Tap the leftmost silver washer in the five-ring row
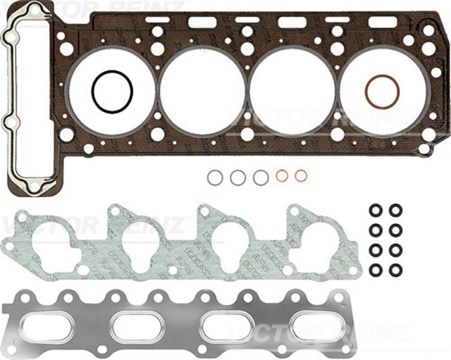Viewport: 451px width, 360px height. (x=215, y=178)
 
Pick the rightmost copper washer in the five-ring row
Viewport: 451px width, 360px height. (x=301, y=175)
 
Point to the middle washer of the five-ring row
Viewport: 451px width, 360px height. (x=261, y=178)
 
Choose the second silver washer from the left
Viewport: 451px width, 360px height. (x=238, y=178)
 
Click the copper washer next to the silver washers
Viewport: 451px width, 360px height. (x=282, y=176)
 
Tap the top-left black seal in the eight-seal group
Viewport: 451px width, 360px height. (x=376, y=210)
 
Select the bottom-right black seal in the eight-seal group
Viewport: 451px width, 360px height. (x=395, y=270)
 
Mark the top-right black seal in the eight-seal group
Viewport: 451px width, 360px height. (x=395, y=210)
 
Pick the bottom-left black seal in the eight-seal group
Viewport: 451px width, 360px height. (x=376, y=270)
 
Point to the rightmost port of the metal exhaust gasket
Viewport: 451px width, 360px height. (x=314, y=326)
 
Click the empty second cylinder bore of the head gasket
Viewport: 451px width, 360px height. (x=202, y=92)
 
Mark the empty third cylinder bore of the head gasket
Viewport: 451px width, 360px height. (x=292, y=92)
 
